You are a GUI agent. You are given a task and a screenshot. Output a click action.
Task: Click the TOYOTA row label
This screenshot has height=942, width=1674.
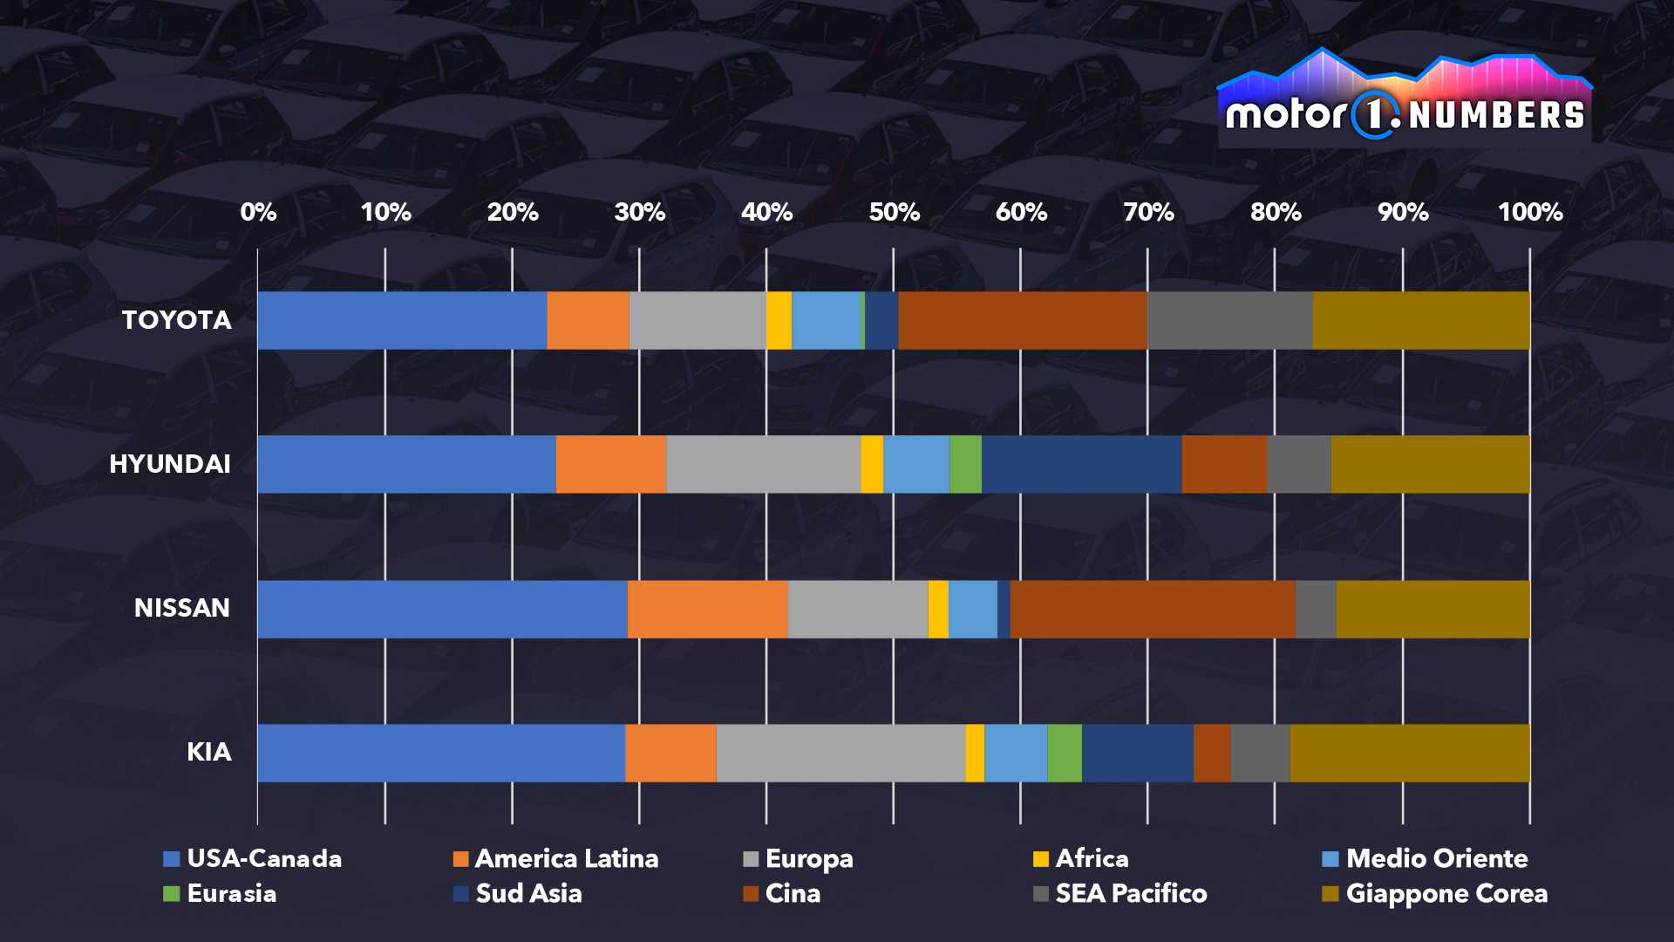(177, 320)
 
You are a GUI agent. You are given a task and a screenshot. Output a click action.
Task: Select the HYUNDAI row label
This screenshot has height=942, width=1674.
(170, 464)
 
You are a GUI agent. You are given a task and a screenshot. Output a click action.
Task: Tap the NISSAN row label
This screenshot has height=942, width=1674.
(182, 608)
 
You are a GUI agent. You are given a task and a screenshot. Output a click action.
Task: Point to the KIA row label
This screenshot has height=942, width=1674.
(209, 752)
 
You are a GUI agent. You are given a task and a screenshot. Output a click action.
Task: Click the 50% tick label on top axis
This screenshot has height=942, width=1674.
(894, 212)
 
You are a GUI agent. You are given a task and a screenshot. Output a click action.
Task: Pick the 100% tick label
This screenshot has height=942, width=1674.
(1529, 212)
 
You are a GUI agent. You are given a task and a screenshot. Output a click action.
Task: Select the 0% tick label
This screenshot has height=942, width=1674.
(258, 212)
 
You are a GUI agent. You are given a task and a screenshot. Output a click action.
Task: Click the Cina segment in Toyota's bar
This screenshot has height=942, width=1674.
(1022, 320)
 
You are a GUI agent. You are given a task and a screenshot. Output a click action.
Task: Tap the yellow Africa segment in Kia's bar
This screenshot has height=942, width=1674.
(975, 753)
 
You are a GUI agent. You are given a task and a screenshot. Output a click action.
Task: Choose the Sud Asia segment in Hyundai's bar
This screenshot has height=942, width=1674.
(1081, 464)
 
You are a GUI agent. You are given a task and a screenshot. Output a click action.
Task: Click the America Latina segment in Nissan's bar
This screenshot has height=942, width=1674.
(707, 609)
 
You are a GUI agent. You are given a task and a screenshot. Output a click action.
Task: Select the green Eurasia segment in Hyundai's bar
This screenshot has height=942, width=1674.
(965, 464)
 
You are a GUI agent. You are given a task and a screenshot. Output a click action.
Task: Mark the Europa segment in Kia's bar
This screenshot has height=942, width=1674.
(840, 753)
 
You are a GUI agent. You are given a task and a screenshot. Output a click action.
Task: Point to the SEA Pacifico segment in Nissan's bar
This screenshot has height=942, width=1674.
(1315, 609)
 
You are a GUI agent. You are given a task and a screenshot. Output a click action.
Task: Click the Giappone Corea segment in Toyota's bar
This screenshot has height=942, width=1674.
(1421, 320)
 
